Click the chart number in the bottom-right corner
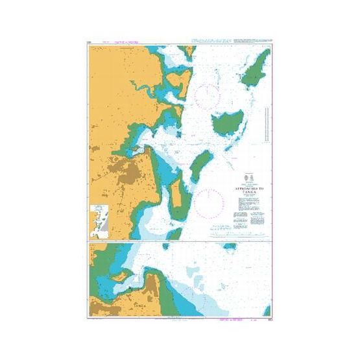coord(268,317)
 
